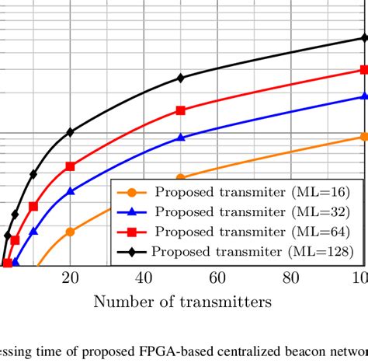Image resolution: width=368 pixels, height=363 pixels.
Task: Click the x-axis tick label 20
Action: [71, 279]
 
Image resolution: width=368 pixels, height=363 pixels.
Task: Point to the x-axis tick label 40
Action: [144, 279]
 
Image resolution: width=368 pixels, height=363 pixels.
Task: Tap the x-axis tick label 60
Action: [217, 279]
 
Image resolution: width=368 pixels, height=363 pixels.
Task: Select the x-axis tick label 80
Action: [290, 279]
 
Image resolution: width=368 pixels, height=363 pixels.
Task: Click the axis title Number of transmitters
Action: [183, 302]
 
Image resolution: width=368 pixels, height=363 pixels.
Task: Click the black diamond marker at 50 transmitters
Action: [181, 78]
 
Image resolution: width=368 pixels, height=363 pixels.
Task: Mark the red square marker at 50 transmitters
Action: [181, 110]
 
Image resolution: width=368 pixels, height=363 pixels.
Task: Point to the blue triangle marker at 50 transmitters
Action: [181, 137]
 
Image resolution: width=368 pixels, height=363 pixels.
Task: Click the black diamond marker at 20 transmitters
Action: [71, 132]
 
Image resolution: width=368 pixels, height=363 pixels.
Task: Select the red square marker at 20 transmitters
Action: [71, 166]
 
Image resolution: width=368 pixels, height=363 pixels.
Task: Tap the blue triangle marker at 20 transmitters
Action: [71, 190]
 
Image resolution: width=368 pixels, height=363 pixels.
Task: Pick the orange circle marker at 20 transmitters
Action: [71, 231]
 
